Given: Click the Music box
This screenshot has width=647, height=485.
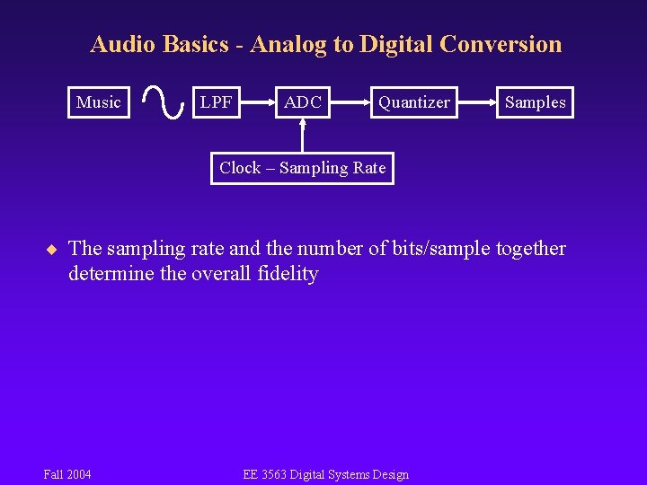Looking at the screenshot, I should (99, 102).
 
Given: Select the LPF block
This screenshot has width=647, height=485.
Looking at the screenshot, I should (217, 102).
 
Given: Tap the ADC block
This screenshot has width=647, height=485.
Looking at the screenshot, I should (303, 102).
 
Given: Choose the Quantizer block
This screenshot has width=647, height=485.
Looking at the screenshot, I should (413, 102).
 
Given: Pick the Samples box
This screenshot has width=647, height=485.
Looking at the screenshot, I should (535, 102).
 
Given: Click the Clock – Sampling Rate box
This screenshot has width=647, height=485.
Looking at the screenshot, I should (303, 168).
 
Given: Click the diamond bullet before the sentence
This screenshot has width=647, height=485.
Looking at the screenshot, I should (52, 249).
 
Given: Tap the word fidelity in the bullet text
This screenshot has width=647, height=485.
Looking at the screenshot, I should (288, 274).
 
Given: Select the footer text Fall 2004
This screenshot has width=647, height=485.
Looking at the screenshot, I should (67, 474).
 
